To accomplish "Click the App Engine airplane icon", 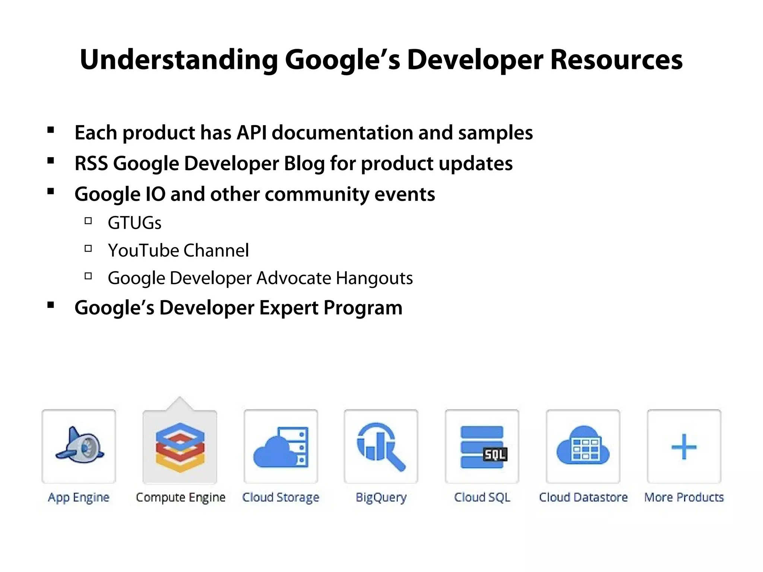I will tap(79, 446).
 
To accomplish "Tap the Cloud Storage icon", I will tap(281, 447).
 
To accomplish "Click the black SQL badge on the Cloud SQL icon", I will tap(495, 454).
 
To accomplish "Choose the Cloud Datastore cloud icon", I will tap(583, 446).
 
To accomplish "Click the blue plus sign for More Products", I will tap(684, 447).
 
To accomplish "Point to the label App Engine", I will tap(79, 498).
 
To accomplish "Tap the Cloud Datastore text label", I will tap(583, 498).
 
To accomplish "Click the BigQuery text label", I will tap(381, 498).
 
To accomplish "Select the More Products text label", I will tap(684, 498).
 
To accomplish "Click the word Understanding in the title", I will tap(178, 60).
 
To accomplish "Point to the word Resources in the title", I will tap(616, 60).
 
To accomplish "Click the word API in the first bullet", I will tap(252, 133).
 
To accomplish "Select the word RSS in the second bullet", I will tap(91, 163).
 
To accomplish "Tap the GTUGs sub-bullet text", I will tap(134, 223).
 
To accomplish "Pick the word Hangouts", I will tap(374, 278).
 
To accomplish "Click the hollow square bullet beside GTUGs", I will tap(88, 221).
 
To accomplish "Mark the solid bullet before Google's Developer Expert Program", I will tap(51, 305).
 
